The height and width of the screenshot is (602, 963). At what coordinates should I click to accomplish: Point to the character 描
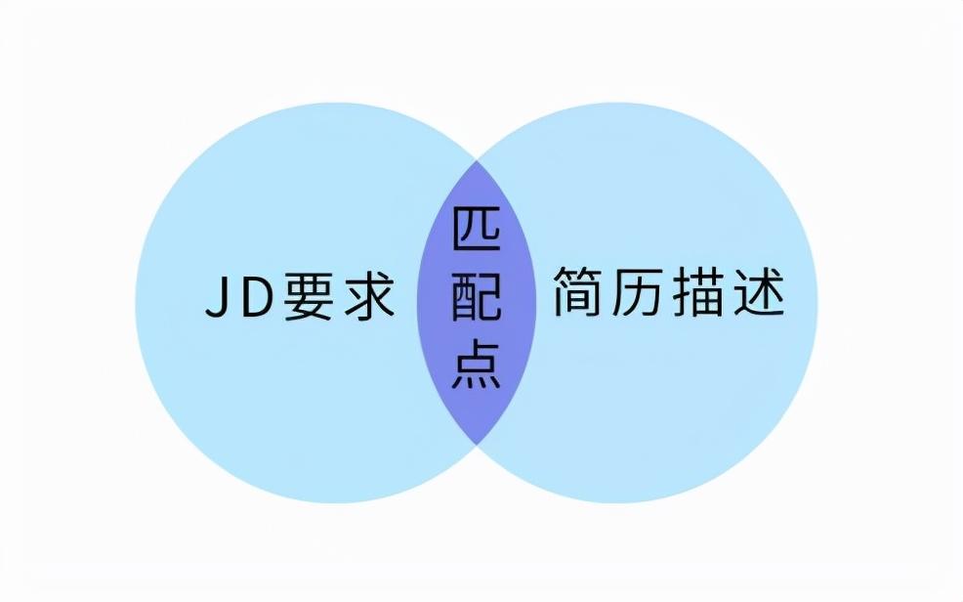(701, 293)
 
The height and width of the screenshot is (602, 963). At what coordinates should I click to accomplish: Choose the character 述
(761, 293)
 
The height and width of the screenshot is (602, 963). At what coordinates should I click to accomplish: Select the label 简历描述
(671, 293)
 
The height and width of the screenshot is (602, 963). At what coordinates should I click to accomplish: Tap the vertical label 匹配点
(477, 300)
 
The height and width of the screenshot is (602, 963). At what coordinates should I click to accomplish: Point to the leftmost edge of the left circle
(136, 303)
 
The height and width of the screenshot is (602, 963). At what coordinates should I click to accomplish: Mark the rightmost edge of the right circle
(818, 303)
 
